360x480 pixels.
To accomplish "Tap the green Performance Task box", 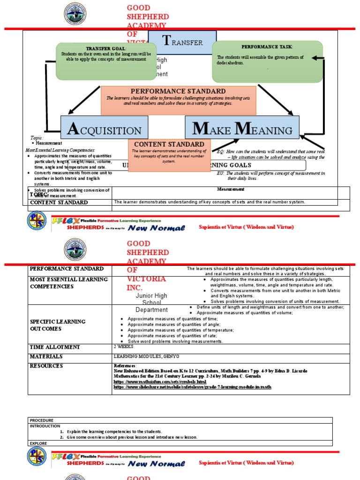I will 267,61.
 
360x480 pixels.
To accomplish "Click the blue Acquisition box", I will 104,128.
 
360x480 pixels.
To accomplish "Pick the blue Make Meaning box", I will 242,128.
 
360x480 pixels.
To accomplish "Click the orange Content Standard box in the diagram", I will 169,155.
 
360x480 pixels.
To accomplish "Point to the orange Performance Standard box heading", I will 178,91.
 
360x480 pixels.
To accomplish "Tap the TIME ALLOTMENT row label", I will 55,347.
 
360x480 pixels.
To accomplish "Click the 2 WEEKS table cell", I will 123,347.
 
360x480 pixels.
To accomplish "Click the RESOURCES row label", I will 46,366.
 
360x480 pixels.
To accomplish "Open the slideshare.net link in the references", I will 193,387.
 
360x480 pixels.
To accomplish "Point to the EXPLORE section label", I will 38,442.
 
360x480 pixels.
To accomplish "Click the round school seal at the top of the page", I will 75,14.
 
